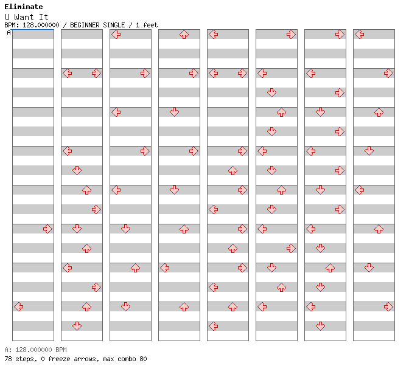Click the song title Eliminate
pyautogui.click(x=24, y=7)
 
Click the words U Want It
pyautogui.click(x=27, y=17)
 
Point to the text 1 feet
pyautogui.click(x=147, y=25)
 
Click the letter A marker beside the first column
pyautogui.click(x=9, y=33)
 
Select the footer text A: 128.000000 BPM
pyautogui.click(x=35, y=350)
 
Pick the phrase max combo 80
pyautogui.click(x=125, y=359)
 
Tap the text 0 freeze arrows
pyautogui.click(x=70, y=359)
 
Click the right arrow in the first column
pyautogui.click(x=47, y=229)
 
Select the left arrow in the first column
pyautogui.click(x=18, y=306)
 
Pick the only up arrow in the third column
pyautogui.click(x=135, y=268)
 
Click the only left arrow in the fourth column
pyautogui.click(x=164, y=268)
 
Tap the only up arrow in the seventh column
pyautogui.click(x=330, y=268)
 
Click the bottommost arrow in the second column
pyautogui.click(x=77, y=326)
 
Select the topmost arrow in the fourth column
pyautogui.click(x=184, y=35)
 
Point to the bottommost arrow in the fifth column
pyautogui.click(x=214, y=326)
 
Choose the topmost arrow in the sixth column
pyautogui.click(x=291, y=35)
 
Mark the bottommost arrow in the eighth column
pyautogui.click(x=388, y=306)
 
